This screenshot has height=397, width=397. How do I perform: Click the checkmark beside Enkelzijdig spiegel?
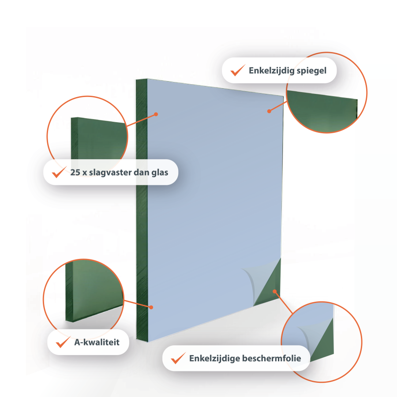(x=237, y=71)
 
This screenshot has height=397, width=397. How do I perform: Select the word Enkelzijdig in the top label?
(x=271, y=71)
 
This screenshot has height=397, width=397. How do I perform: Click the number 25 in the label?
(x=75, y=172)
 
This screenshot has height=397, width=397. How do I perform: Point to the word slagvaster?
(x=110, y=172)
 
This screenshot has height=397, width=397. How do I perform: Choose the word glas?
(x=160, y=172)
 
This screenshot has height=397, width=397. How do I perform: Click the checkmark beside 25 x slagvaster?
(x=59, y=172)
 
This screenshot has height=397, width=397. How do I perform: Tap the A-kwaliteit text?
(x=97, y=342)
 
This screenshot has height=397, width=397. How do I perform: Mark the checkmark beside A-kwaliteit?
(x=63, y=342)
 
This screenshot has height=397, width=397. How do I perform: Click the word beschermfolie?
(x=272, y=358)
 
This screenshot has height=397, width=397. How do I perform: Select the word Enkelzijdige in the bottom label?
(x=214, y=359)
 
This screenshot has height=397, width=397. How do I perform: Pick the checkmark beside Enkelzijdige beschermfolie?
(x=178, y=358)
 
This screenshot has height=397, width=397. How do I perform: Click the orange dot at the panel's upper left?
(x=156, y=114)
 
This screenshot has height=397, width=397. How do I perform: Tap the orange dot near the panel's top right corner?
(x=269, y=111)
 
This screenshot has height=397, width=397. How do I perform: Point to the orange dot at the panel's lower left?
(x=151, y=307)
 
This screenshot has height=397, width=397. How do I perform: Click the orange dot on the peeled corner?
(x=275, y=292)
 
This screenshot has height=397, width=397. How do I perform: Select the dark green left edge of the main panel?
(x=142, y=210)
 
